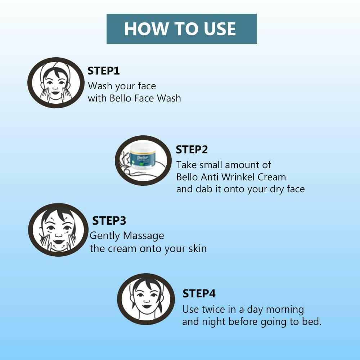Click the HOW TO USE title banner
point(181,29)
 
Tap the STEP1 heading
point(104,71)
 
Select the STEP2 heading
point(192,150)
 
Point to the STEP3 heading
point(109,221)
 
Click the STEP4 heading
point(199,294)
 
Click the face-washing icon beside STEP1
point(56,83)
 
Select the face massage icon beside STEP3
point(58,230)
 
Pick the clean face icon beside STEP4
point(146,299)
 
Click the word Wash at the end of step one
point(169,98)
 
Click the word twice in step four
point(213,310)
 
